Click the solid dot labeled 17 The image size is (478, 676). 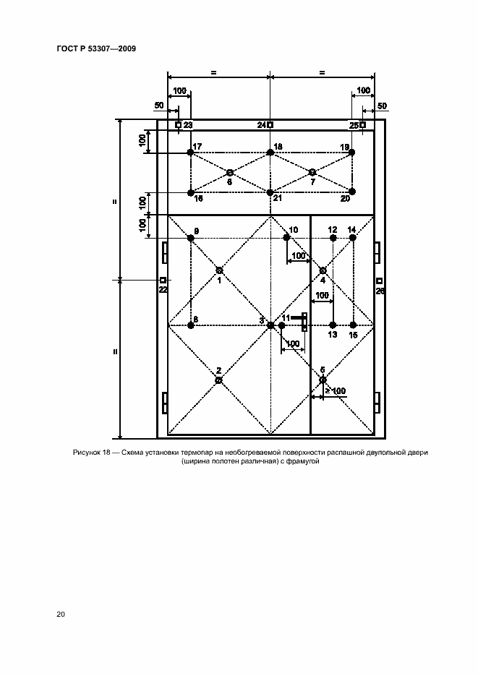190,152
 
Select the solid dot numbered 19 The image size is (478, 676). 351,152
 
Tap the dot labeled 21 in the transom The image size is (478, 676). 270,192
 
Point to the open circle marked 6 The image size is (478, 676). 230,173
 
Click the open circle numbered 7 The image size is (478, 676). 312,172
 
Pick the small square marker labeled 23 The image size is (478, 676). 178,125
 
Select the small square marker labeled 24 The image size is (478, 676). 270,125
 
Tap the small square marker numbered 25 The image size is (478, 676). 363,125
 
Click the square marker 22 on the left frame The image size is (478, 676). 163,280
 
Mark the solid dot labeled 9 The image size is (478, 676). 190,238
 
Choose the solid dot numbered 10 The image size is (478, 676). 287,238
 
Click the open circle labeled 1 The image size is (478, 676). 219,270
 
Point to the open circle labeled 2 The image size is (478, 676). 218,380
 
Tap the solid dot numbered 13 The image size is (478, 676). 333,325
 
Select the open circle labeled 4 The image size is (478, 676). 323,270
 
